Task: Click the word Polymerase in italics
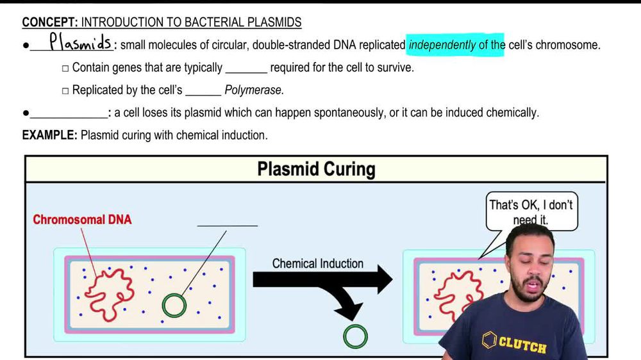(254, 90)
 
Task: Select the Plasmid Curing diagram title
(316, 169)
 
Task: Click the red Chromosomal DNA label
(82, 220)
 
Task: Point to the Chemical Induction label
(317, 263)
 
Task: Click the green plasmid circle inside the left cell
(174, 306)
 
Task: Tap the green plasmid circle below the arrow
(355, 336)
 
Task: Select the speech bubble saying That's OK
(531, 211)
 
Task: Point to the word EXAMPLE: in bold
(50, 135)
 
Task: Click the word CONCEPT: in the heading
(49, 22)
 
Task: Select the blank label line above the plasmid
(227, 224)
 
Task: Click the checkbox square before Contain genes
(65, 69)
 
